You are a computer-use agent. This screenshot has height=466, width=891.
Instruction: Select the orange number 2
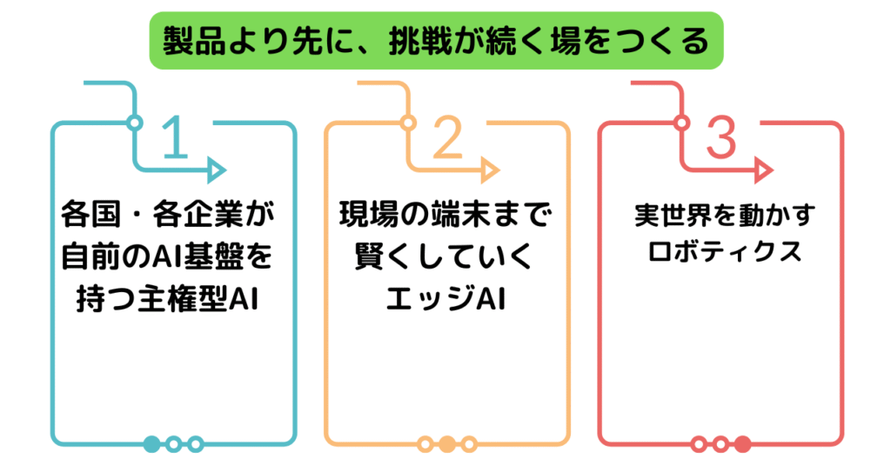pos(447,138)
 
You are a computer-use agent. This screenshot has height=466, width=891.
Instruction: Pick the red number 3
pos(720,138)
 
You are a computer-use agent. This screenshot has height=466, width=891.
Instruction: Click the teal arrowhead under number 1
pos(217,170)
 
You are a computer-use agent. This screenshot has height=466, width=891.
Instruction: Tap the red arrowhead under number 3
pos(763,170)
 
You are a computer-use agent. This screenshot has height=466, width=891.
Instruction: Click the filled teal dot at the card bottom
pos(151,444)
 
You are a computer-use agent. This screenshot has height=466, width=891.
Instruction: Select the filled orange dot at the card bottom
pos(447,444)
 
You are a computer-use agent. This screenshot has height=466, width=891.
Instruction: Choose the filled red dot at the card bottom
pos(742,444)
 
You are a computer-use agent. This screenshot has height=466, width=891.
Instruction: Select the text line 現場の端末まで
pos(446,214)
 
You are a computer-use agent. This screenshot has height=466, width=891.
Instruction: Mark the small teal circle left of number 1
pos(134,122)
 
